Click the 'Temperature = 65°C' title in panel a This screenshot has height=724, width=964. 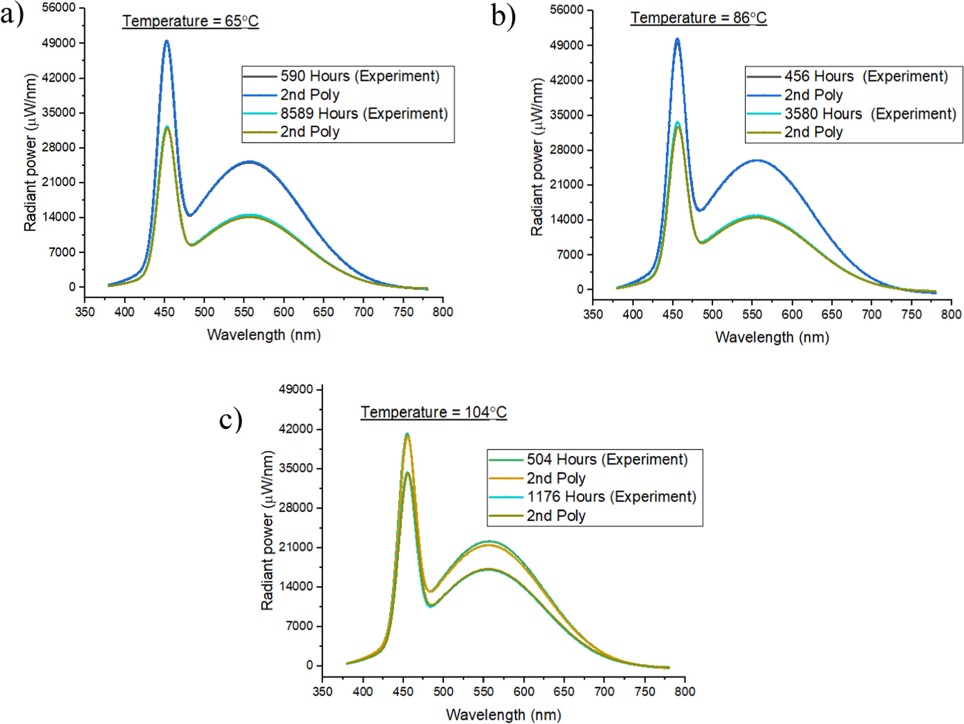[x=190, y=21]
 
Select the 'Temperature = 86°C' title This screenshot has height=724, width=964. [x=698, y=18]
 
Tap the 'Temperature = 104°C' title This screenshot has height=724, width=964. [x=433, y=412]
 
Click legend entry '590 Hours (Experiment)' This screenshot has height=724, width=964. [x=360, y=76]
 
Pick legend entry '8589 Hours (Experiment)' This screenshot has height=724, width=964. [x=363, y=113]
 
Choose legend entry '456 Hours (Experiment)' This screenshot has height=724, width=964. [x=866, y=76]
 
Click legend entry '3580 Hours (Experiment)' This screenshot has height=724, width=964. [x=870, y=114]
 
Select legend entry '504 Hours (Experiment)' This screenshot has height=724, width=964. [x=607, y=459]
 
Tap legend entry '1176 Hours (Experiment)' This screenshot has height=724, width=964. [x=611, y=497]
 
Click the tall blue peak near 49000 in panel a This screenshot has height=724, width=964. [x=166, y=42]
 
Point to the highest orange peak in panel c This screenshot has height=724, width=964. [x=407, y=435]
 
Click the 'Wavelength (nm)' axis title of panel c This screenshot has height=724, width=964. [x=503, y=715]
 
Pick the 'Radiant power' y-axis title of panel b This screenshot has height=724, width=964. [x=537, y=157]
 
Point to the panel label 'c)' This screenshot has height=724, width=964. [x=230, y=419]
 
